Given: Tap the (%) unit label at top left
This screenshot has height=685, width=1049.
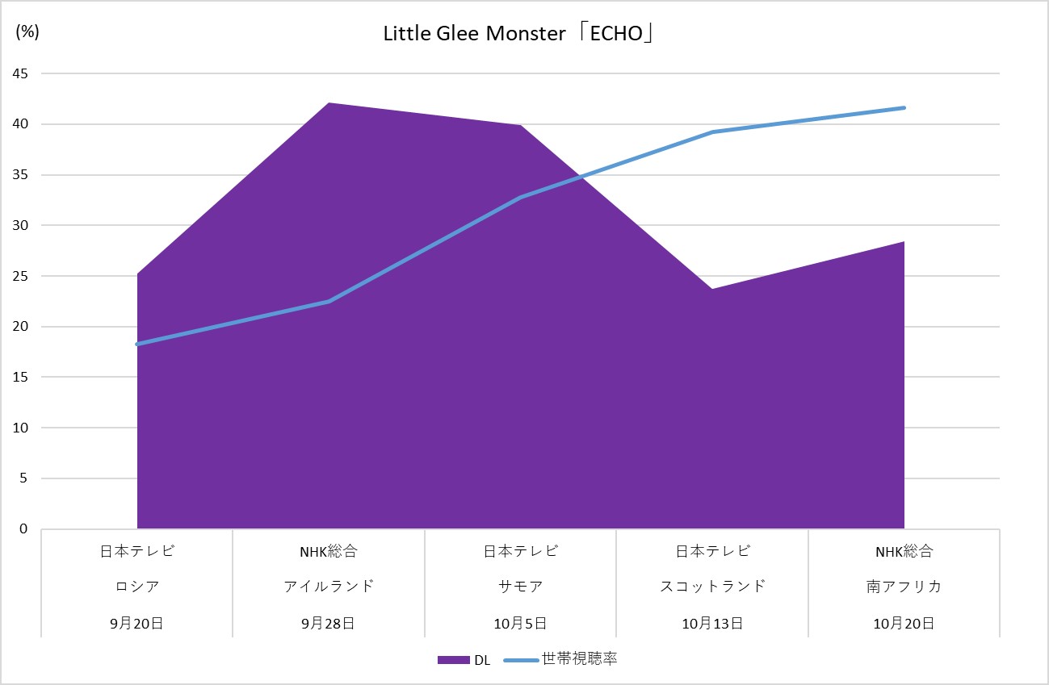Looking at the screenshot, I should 27,31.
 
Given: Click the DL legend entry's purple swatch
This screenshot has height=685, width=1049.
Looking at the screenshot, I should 453,660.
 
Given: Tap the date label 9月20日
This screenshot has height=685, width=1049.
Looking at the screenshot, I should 136,623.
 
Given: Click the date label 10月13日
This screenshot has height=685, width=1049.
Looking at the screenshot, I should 712,623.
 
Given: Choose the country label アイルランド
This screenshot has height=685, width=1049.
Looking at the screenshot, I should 329,587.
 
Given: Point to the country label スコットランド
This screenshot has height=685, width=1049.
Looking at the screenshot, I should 712,587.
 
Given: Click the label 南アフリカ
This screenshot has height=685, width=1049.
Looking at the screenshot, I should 904,587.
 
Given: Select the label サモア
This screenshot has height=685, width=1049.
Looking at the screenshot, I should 521,587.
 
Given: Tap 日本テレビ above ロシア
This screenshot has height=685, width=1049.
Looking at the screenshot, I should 136,552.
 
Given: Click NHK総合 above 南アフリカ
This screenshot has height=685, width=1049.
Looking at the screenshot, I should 904,552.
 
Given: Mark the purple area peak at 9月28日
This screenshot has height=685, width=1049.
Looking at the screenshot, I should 329,103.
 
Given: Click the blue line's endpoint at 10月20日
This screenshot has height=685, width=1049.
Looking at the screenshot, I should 904,108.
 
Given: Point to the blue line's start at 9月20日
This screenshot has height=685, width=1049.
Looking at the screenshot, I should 137,345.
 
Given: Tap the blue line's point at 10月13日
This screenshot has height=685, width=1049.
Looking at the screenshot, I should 712,132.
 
